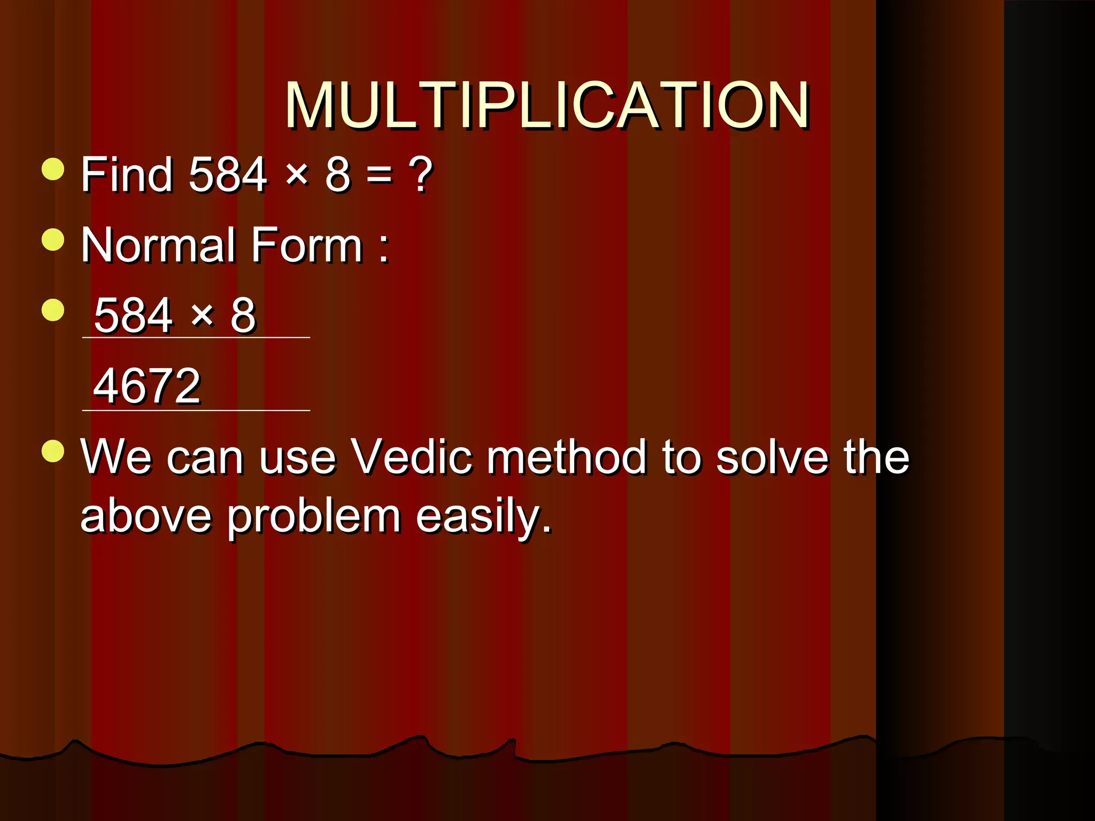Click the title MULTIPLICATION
click(x=546, y=105)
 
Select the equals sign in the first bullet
click(x=379, y=175)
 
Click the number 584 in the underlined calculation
click(x=133, y=315)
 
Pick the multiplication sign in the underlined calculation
click(x=203, y=315)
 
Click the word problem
click(x=314, y=517)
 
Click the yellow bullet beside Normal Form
click(x=53, y=239)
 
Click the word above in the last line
click(x=145, y=516)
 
